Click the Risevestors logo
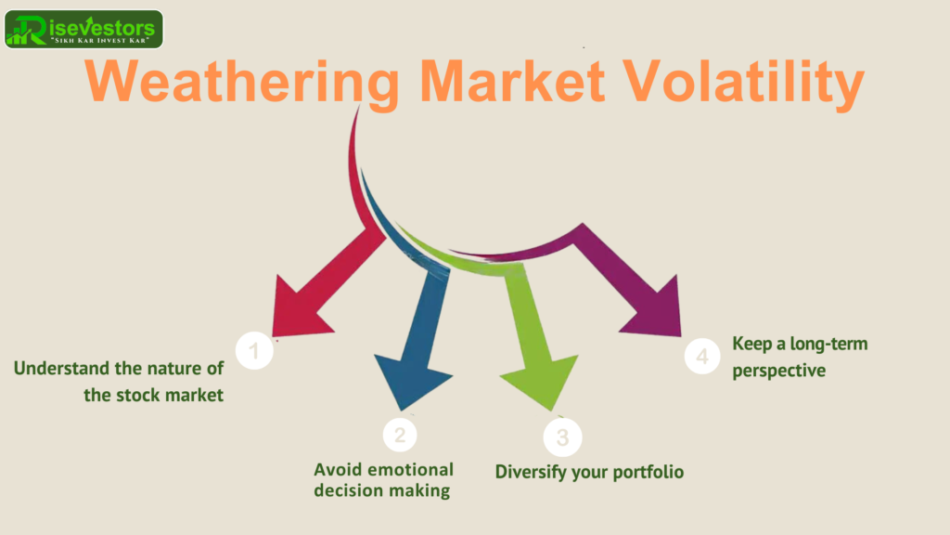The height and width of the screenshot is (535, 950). (83, 29)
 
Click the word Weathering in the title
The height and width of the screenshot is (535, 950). (242, 83)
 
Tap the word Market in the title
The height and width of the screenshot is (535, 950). (512, 81)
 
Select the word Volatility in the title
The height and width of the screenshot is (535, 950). (744, 83)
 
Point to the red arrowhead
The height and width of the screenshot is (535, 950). (297, 309)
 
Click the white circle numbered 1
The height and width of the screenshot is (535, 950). (254, 350)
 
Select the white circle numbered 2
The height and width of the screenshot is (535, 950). (400, 435)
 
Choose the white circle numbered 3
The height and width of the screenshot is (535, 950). (562, 437)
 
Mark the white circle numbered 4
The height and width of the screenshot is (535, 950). (702, 356)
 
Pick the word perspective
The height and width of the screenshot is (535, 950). (779, 371)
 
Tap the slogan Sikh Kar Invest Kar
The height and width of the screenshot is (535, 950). (100, 41)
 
